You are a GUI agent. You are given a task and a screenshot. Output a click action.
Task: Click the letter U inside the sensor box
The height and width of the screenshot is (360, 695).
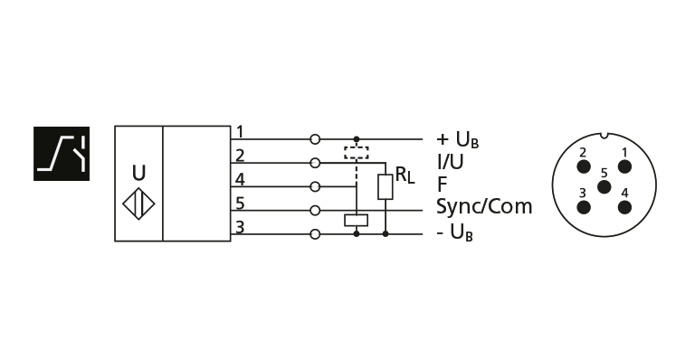(x=138, y=171)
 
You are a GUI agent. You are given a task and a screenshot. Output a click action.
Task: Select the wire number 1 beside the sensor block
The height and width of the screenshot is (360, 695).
(x=239, y=133)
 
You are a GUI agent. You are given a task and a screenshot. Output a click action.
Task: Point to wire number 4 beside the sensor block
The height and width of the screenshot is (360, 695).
(x=239, y=179)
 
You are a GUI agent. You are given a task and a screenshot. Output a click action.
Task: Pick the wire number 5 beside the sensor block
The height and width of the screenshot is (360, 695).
(x=239, y=203)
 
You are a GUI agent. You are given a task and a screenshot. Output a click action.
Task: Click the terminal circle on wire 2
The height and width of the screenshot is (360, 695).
(x=315, y=164)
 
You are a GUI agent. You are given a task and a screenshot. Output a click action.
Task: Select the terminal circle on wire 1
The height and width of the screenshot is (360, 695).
(x=315, y=140)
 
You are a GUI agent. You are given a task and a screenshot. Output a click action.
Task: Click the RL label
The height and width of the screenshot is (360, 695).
(x=404, y=175)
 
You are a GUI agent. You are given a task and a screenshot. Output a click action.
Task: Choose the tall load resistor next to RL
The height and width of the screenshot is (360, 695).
(x=386, y=187)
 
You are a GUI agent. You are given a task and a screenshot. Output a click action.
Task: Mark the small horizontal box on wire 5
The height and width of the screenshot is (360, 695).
(x=357, y=220)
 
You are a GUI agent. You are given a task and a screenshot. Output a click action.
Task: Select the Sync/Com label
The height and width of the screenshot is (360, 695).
(x=484, y=206)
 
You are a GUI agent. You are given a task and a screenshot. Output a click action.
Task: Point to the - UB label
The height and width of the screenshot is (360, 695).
(x=455, y=234)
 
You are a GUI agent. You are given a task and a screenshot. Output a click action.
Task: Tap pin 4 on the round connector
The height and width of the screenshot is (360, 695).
(x=624, y=204)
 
